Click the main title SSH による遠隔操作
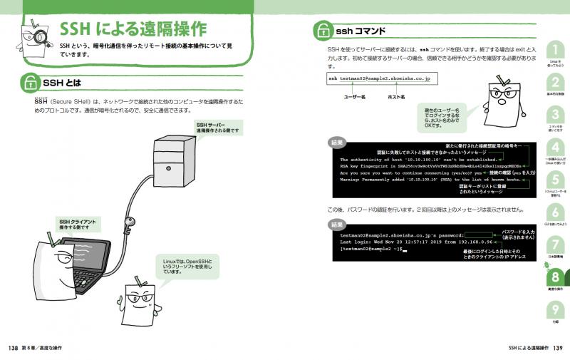point(133,29)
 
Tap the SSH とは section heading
point(63,83)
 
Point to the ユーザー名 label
point(354,96)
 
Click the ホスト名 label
point(396,96)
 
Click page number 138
point(12,348)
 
